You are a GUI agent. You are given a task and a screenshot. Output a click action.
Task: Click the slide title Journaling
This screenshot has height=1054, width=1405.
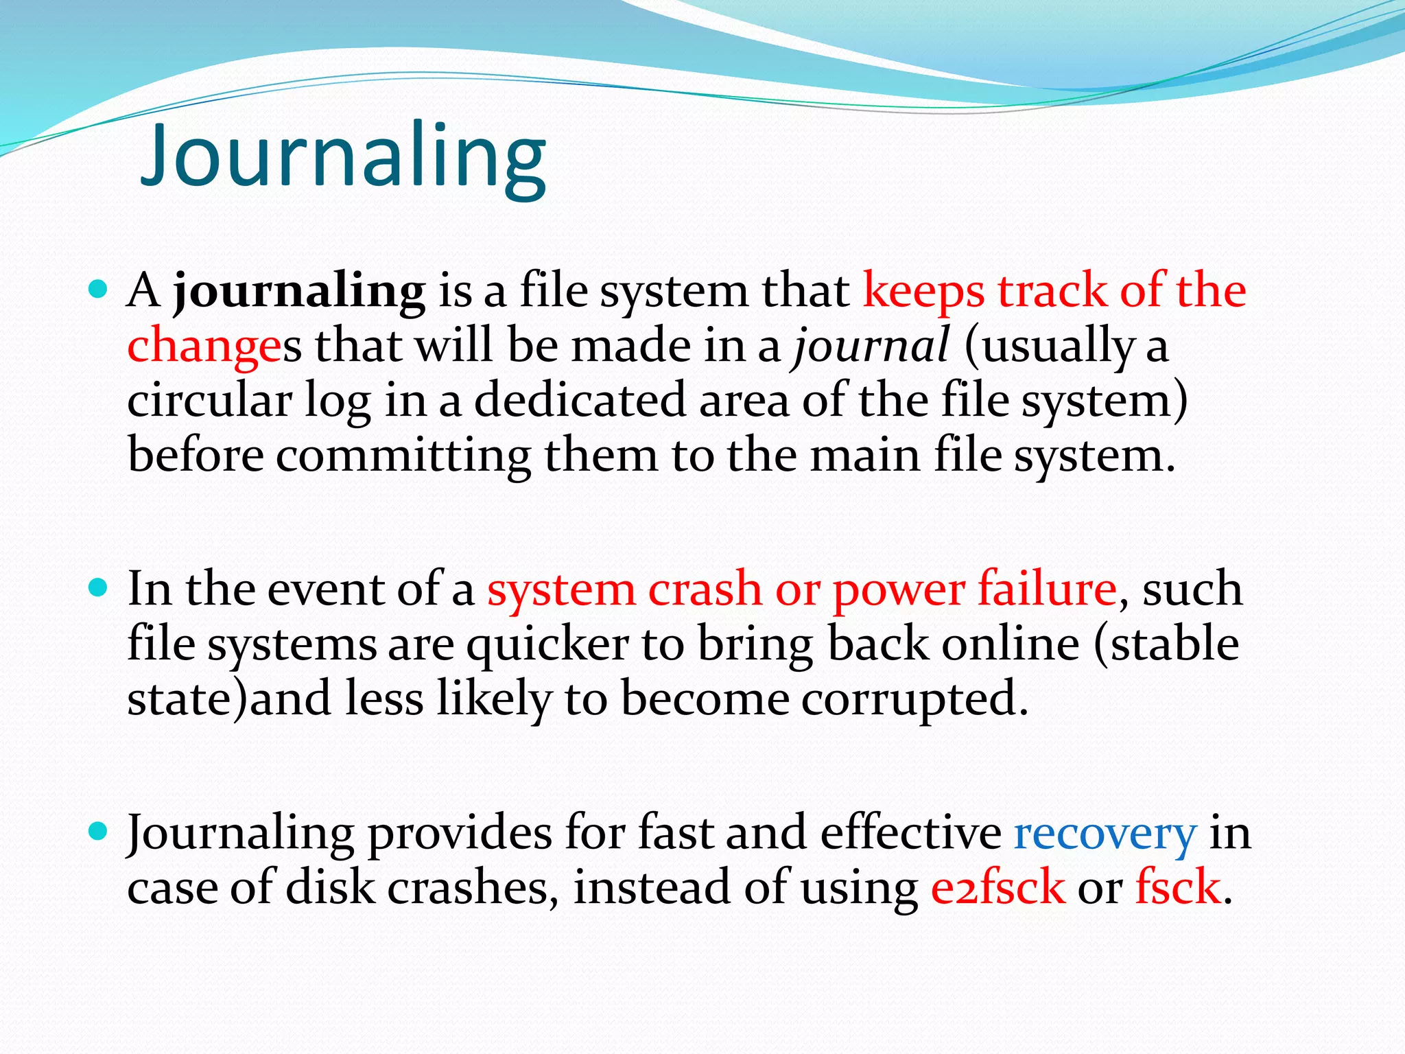point(343,156)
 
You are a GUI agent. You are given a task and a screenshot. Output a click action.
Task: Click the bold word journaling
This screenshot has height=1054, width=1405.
point(299,292)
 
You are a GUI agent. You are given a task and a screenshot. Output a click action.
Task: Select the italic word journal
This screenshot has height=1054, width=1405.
point(871,345)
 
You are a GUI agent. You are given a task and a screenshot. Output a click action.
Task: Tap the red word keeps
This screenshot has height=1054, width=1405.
point(923,292)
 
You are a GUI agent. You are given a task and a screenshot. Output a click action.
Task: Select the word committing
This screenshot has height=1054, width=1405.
point(403,456)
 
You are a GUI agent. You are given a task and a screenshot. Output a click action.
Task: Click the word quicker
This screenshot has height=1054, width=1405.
point(547,645)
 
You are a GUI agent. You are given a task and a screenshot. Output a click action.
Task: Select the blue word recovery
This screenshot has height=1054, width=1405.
point(1105,834)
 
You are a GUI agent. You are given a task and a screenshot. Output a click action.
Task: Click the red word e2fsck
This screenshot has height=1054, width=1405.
point(997,887)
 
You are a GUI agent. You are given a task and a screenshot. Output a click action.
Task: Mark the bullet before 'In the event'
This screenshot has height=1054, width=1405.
point(99,588)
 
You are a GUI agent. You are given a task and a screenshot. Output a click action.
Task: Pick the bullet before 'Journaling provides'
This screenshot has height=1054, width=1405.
point(99,832)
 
